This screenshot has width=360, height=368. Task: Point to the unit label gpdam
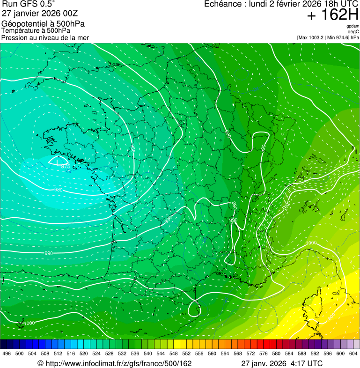click(353, 26)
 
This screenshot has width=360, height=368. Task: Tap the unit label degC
click(354, 32)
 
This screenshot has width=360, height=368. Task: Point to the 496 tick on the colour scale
click(7, 353)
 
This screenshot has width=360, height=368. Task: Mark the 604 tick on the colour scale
click(353, 353)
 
